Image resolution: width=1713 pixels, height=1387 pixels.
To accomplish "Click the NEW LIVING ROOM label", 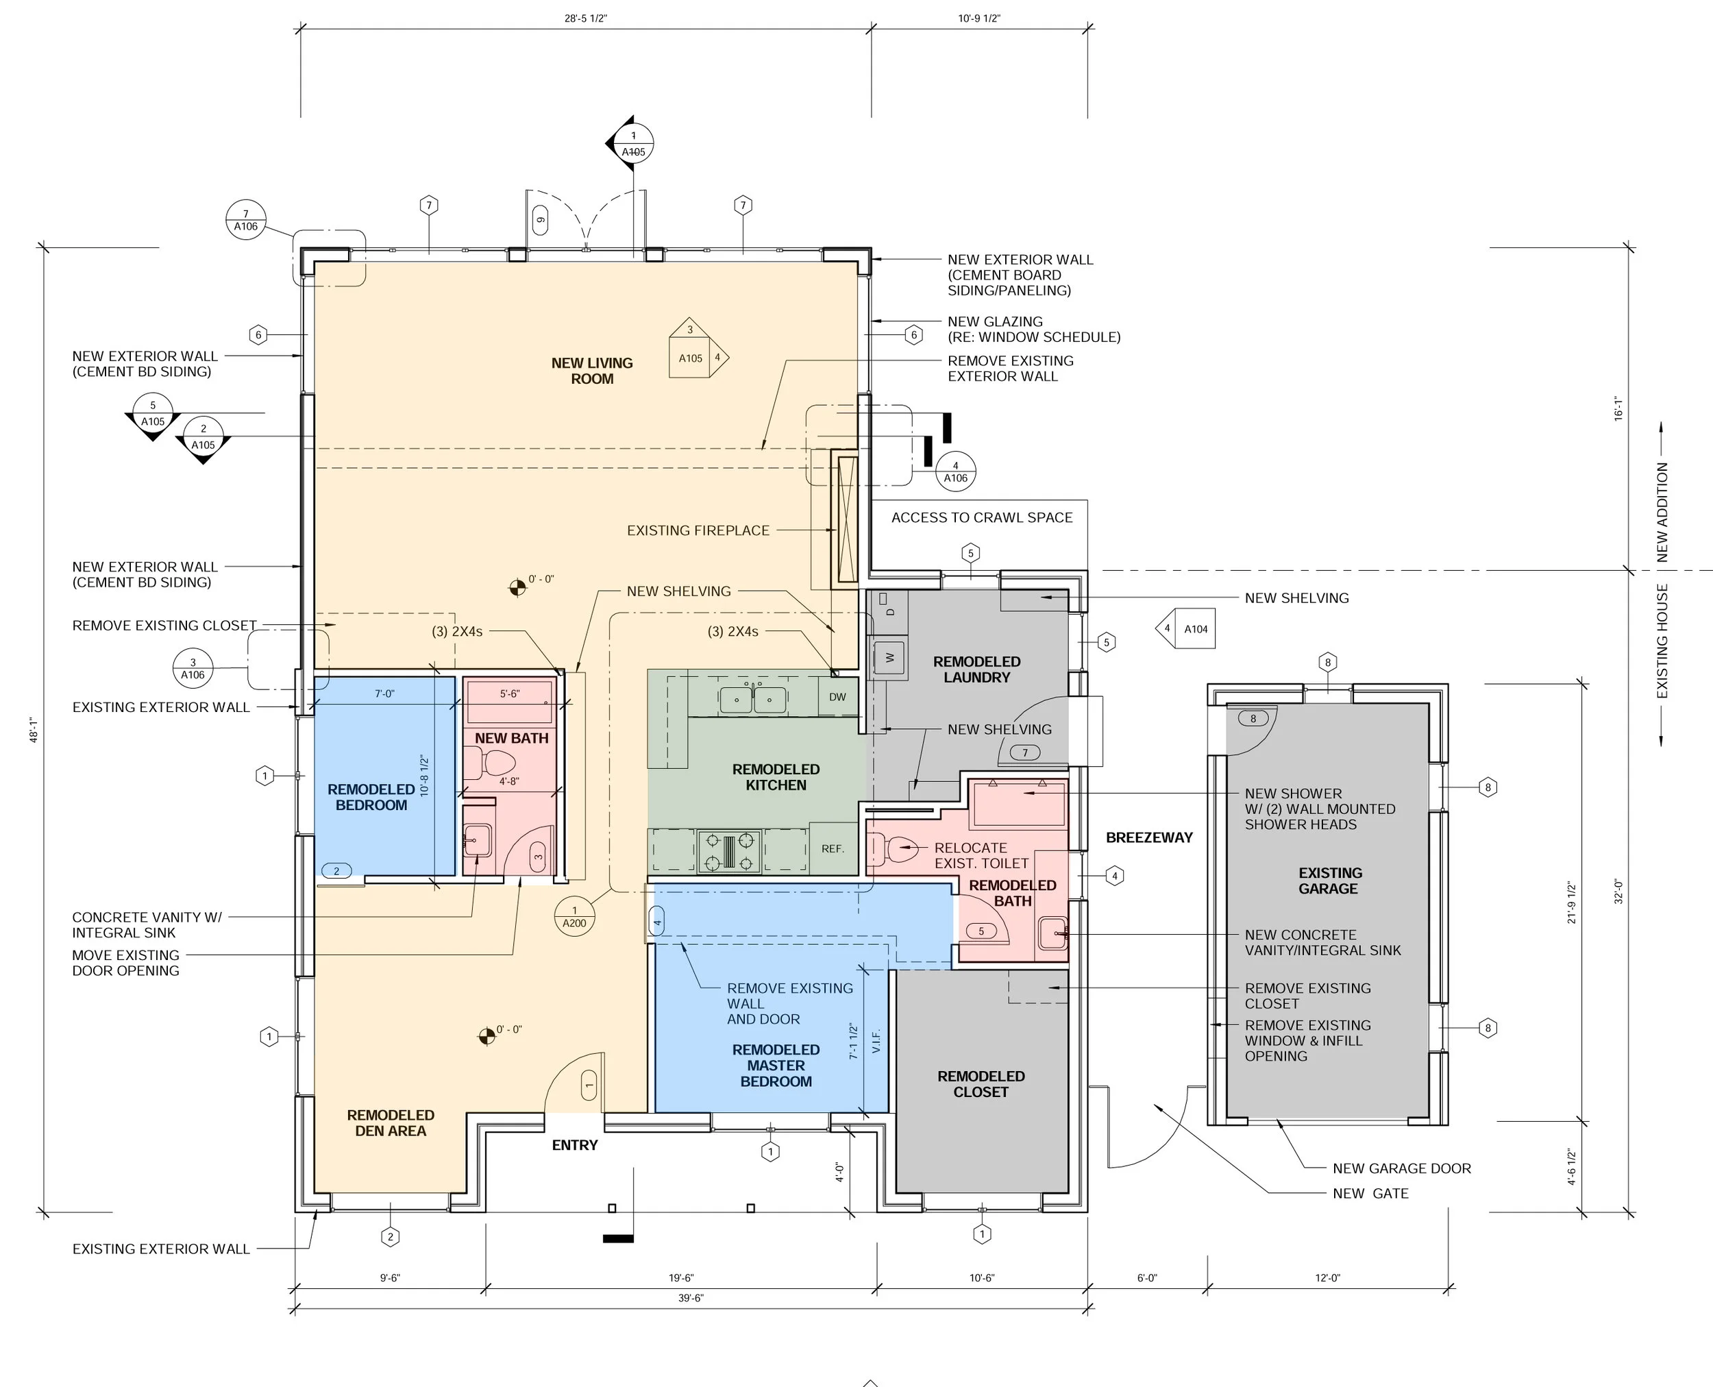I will (591, 371).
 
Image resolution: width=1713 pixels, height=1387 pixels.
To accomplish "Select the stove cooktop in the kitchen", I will (728, 852).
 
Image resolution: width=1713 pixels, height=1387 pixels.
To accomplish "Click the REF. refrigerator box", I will (833, 848).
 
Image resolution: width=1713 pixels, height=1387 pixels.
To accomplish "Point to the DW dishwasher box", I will (837, 697).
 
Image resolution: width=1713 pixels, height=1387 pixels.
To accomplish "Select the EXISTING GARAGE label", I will (1329, 881).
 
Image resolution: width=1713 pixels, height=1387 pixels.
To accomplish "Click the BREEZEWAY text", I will (1149, 837).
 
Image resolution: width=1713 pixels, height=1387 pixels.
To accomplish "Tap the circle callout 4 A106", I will (956, 471).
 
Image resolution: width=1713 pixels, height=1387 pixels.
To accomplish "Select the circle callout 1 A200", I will (574, 916).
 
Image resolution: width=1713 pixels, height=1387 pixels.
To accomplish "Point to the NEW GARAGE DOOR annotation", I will (1401, 1168).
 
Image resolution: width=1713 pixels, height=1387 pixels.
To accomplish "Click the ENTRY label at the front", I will (574, 1145).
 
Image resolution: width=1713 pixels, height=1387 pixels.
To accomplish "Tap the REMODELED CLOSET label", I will (981, 1084).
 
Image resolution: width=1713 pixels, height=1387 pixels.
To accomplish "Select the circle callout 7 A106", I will (245, 220).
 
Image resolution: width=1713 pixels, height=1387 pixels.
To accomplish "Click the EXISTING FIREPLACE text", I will (698, 530).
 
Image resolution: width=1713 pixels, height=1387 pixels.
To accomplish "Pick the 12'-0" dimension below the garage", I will (1327, 1278).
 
